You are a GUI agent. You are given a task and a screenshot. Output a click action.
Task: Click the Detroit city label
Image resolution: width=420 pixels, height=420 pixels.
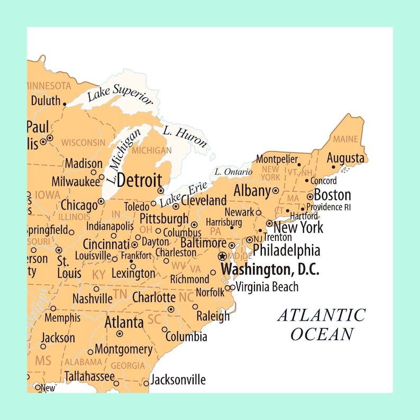(139, 180)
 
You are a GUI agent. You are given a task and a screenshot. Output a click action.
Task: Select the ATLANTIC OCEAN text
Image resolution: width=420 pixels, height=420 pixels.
(322, 324)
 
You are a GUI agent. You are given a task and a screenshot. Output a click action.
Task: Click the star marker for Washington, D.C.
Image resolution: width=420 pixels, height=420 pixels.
(222, 256)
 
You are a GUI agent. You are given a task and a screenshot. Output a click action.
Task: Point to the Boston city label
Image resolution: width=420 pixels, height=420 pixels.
(332, 194)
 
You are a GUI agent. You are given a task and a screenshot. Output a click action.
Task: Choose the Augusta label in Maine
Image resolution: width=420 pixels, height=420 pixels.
(345, 158)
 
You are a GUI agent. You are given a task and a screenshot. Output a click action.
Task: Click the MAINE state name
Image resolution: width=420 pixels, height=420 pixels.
(345, 139)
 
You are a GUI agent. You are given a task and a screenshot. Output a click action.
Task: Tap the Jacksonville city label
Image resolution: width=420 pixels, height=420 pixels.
(178, 380)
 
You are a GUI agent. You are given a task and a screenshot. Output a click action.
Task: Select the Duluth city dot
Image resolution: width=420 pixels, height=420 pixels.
(65, 104)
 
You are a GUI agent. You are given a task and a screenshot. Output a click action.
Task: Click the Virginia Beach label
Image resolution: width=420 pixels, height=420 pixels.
(267, 287)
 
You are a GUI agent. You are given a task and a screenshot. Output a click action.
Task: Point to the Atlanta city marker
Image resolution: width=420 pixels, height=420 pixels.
(120, 334)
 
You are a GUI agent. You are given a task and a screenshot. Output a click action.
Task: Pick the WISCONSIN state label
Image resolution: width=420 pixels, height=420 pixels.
(83, 142)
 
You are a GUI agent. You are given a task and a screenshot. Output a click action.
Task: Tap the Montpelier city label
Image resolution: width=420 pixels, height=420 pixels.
(277, 159)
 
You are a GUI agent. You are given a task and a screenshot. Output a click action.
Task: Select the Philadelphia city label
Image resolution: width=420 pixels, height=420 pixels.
(286, 250)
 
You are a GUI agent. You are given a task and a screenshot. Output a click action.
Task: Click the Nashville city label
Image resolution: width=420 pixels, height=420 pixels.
(93, 299)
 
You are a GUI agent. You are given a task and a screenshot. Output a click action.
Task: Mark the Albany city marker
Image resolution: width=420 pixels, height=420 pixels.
(275, 190)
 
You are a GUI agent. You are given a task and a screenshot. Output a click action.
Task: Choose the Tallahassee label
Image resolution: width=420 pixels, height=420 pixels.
(89, 376)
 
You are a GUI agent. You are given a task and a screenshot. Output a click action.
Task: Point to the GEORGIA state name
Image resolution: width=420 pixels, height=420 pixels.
(127, 366)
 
